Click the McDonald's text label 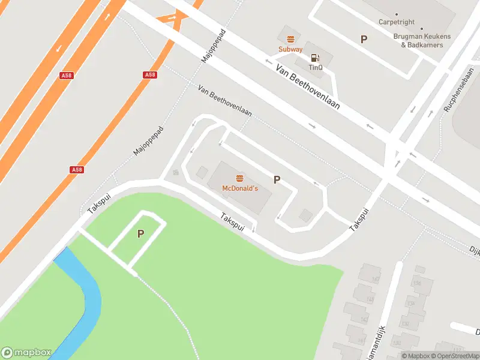(x=240, y=188)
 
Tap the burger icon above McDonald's (x=240, y=178)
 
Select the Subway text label (x=290, y=49)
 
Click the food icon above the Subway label (x=290, y=39)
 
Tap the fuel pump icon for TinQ (x=314, y=58)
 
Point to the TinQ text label (x=316, y=68)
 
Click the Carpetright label (x=397, y=22)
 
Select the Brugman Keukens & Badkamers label (x=422, y=40)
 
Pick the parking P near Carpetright (x=364, y=39)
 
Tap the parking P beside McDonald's (x=277, y=179)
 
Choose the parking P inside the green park (x=140, y=234)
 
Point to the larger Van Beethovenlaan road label (x=308, y=87)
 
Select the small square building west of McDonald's (x=202, y=172)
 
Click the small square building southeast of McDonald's (x=305, y=215)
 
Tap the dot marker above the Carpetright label (x=397, y=14)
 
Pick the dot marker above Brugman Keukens (x=422, y=28)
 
